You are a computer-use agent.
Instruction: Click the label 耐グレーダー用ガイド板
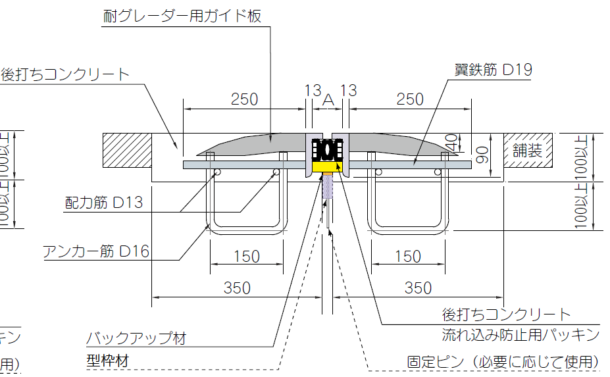[x=182, y=16]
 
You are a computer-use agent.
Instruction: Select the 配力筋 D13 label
[x=104, y=202]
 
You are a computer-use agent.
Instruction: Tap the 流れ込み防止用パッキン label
[x=521, y=335]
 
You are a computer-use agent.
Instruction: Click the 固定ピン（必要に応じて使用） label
[x=503, y=362]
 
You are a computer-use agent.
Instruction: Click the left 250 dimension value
[x=244, y=99]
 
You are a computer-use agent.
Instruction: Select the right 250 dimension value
[x=411, y=99]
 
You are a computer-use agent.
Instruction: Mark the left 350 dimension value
[x=237, y=288]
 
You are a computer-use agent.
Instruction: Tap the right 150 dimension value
[x=407, y=256]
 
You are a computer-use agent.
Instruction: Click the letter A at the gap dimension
[x=329, y=99]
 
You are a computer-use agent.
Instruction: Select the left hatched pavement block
[x=127, y=150]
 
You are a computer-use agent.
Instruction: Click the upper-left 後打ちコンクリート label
[x=65, y=74]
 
